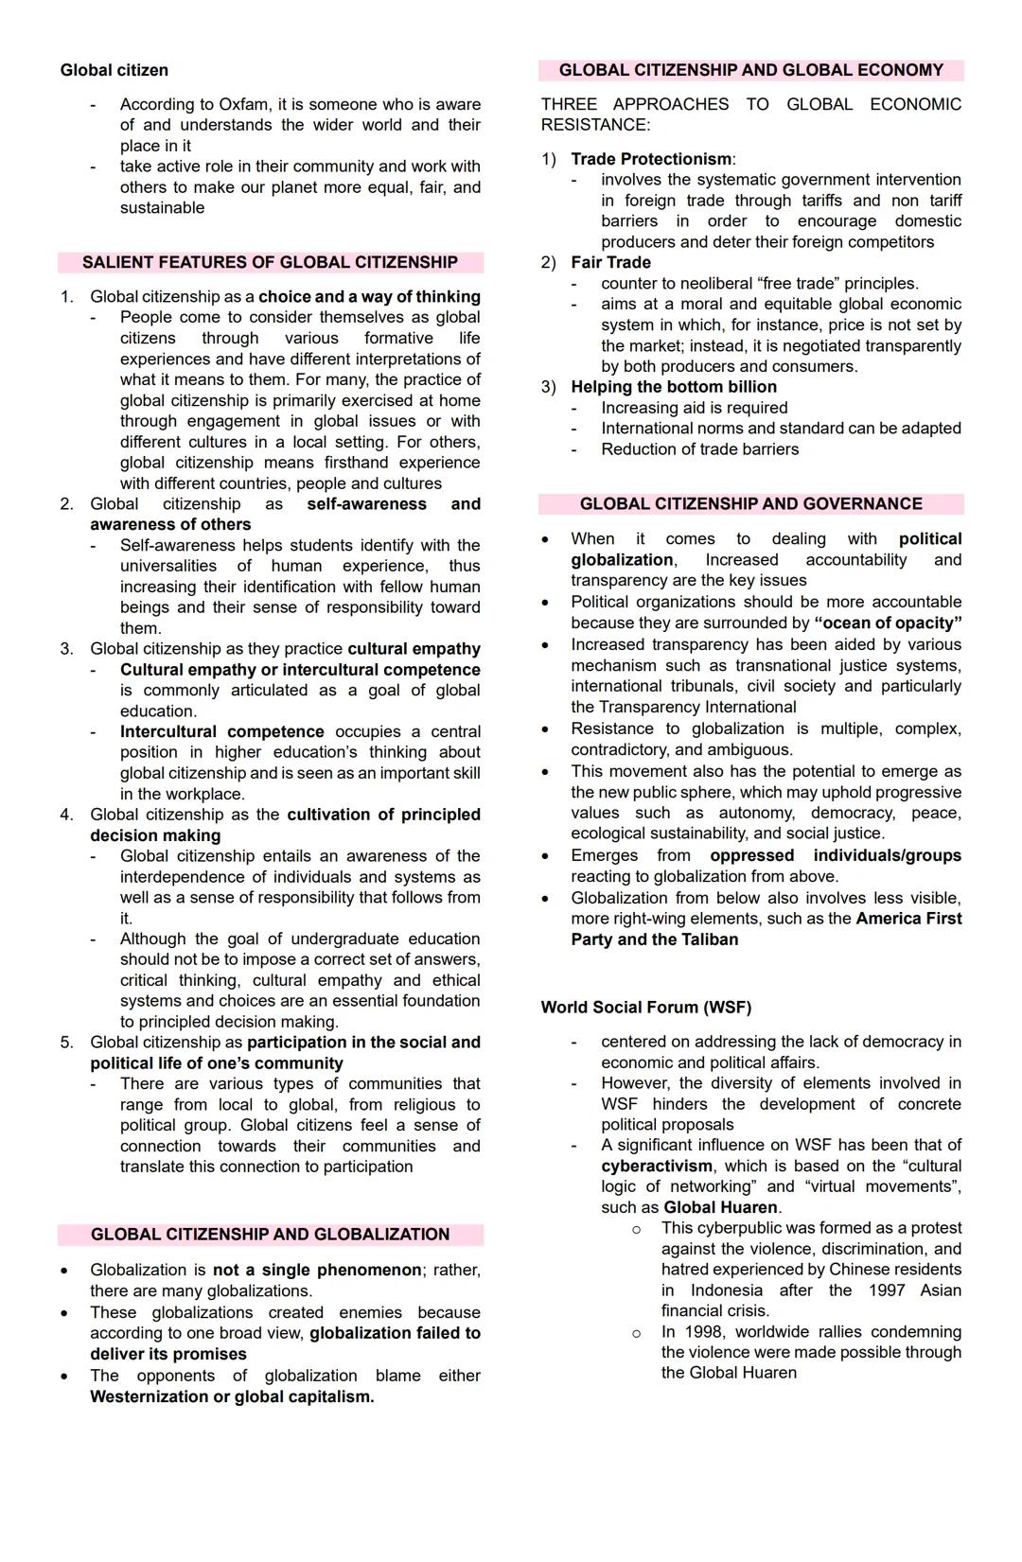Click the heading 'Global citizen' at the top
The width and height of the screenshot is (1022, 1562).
click(x=114, y=70)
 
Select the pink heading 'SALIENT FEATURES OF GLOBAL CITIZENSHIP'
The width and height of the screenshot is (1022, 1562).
click(x=270, y=262)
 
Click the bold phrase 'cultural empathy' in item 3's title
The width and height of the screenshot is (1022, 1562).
click(x=414, y=649)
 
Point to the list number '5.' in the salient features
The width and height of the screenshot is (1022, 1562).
click(x=66, y=1043)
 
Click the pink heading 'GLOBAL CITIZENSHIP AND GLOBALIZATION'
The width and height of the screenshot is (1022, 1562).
click(x=270, y=1235)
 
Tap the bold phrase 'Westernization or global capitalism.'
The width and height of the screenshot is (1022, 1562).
click(x=232, y=1396)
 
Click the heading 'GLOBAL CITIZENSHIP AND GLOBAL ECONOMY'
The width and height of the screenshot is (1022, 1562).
click(x=750, y=70)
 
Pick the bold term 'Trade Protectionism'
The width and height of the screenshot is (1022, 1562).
click(x=651, y=159)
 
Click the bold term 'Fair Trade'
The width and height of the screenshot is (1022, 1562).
click(x=610, y=262)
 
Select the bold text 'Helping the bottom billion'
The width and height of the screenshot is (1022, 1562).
click(x=674, y=387)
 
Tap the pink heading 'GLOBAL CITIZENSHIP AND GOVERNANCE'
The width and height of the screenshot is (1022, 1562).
click(x=750, y=504)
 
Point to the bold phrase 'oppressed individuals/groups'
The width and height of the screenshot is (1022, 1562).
click(x=835, y=855)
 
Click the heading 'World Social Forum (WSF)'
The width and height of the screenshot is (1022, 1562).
click(x=646, y=1007)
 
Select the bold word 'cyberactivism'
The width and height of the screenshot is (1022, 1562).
click(x=657, y=1166)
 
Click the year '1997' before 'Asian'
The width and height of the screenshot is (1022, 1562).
click(x=886, y=1290)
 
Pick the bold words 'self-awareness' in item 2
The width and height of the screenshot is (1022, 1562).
click(x=366, y=504)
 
